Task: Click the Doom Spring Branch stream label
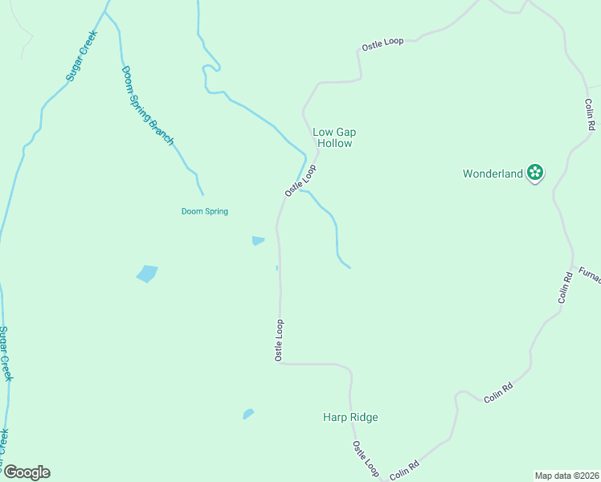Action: (147, 105)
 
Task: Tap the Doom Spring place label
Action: (204, 211)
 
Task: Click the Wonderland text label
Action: (493, 173)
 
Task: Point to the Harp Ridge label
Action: (350, 417)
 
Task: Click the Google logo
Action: (26, 472)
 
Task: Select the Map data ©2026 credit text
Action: (566, 476)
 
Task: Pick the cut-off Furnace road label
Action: (589, 274)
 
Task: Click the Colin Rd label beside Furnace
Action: (566, 287)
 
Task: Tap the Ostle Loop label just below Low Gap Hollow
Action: (300, 181)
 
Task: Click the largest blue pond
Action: (147, 273)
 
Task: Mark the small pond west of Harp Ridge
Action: (248, 414)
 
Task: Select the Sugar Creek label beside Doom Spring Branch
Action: (81, 55)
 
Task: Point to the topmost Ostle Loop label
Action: (382, 43)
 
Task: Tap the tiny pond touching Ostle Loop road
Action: (277, 268)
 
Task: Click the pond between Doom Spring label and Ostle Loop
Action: (258, 240)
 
